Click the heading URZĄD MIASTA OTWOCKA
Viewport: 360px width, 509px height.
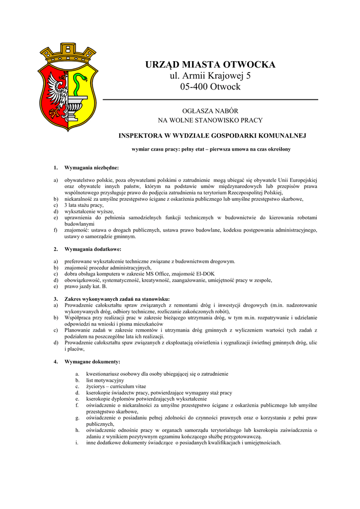pos(210,65)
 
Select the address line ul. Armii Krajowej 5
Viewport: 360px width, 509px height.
pos(210,76)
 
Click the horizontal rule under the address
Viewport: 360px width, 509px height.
pos(210,100)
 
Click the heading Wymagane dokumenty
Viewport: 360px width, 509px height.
pos(92,361)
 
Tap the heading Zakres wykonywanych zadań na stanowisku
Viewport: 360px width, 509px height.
pos(117,299)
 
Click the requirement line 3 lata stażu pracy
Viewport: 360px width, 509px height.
pos(84,205)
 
